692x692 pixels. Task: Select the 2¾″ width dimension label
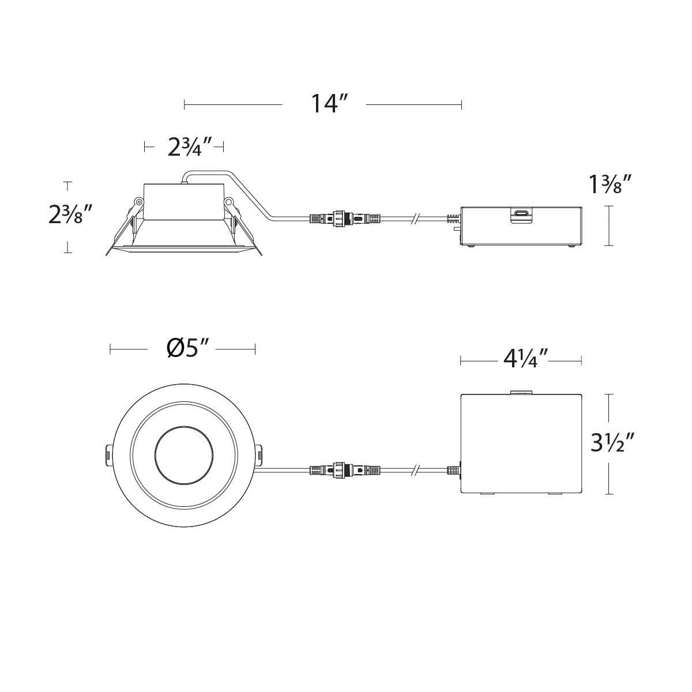[x=183, y=147]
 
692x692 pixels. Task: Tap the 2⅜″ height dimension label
[x=70, y=217]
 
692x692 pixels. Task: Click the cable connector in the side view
[x=345, y=219]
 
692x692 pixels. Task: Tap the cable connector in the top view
[x=345, y=470]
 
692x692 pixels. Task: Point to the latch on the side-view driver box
[x=521, y=215]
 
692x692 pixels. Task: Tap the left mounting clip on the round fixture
[x=108, y=454]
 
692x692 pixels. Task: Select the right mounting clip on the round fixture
[x=259, y=455]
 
